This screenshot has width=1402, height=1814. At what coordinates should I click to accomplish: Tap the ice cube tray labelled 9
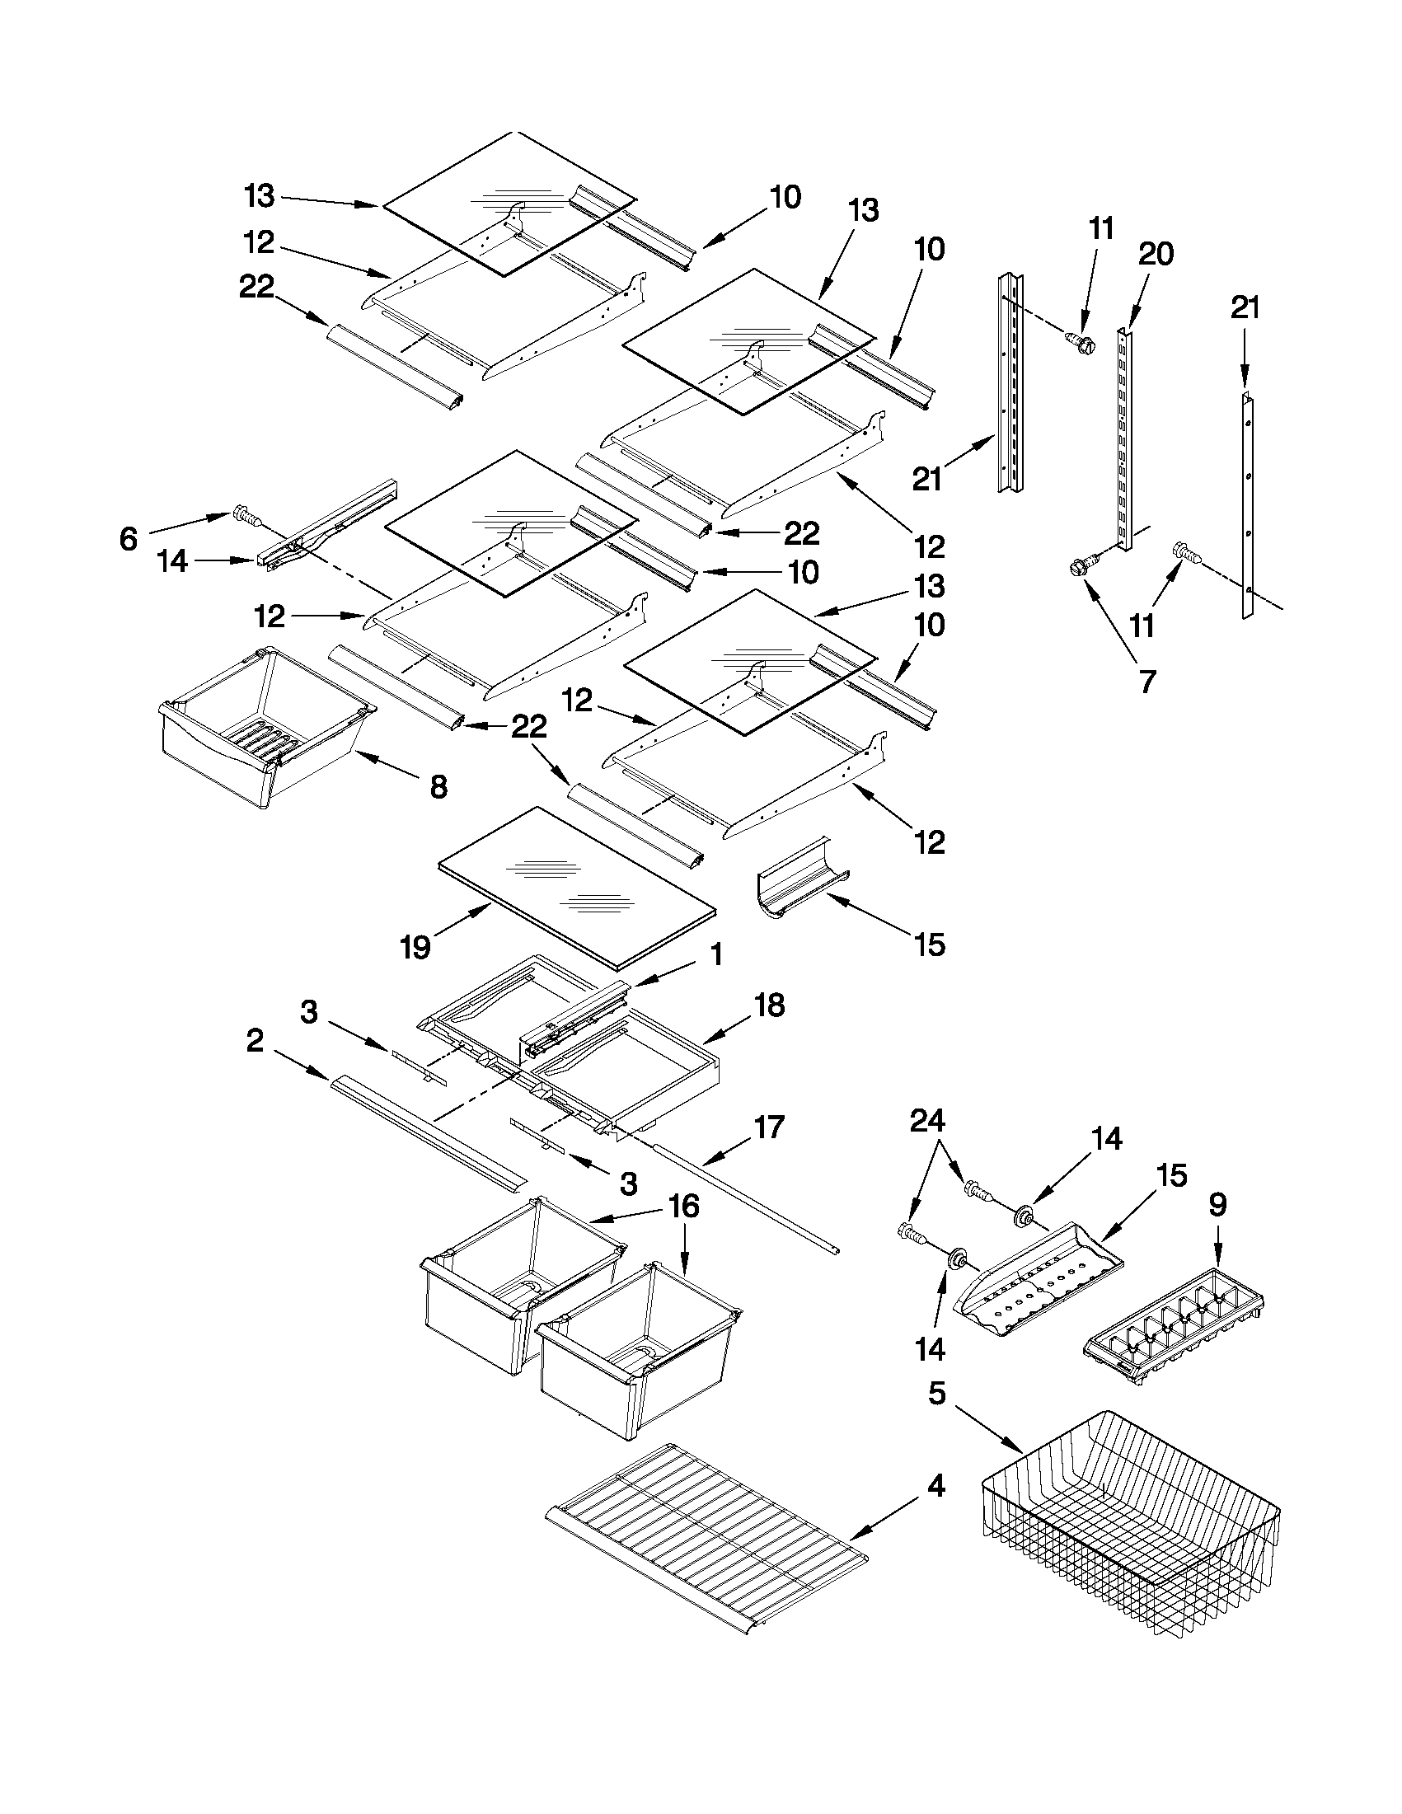pyautogui.click(x=1176, y=1333)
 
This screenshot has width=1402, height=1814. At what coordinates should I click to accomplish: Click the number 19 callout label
pyautogui.click(x=415, y=947)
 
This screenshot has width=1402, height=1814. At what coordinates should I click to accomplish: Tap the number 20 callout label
pyautogui.click(x=1156, y=253)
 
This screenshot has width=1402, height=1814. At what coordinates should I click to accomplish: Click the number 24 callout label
pyautogui.click(x=927, y=1121)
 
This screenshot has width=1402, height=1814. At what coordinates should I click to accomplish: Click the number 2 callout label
pyautogui.click(x=255, y=1040)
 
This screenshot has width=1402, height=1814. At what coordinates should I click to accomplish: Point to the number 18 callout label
pyautogui.click(x=769, y=1005)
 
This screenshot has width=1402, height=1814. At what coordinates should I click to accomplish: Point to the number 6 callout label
pyautogui.click(x=128, y=539)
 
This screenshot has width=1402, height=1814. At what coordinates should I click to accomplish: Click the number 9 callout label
pyautogui.click(x=1217, y=1204)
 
